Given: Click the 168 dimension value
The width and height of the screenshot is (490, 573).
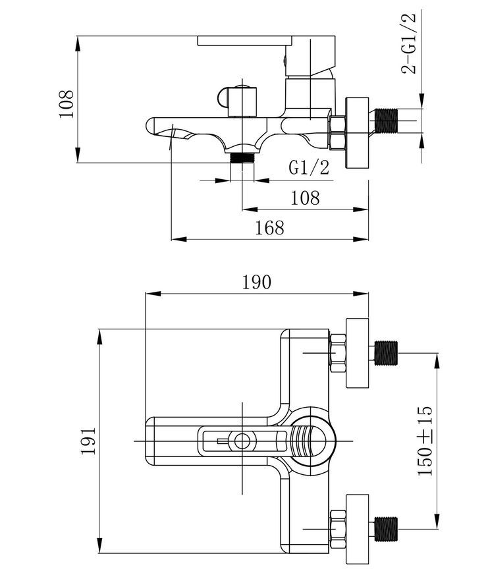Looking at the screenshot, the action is pyautogui.click(x=269, y=227).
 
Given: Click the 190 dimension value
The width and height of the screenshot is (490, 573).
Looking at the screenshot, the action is pyautogui.click(x=257, y=282).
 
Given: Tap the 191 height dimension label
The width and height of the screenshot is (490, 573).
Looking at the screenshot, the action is pyautogui.click(x=88, y=441).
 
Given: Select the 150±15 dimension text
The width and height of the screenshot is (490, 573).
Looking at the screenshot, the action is pyautogui.click(x=425, y=441).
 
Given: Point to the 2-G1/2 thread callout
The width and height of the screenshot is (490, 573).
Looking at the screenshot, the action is pyautogui.click(x=408, y=43).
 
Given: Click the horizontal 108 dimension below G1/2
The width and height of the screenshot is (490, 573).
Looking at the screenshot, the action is pyautogui.click(x=305, y=198).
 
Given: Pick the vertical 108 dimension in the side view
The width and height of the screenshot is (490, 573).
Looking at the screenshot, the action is pyautogui.click(x=66, y=104).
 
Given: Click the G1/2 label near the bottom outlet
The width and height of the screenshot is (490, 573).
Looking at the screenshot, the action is pyautogui.click(x=309, y=167).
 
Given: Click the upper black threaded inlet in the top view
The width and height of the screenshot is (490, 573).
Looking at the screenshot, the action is pyautogui.click(x=386, y=353).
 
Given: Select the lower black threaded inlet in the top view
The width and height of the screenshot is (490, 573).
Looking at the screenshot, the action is pyautogui.click(x=386, y=529).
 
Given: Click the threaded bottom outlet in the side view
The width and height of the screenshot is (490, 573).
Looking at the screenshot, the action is pyautogui.click(x=242, y=157).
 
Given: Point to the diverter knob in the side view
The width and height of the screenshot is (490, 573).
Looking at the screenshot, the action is pyautogui.click(x=238, y=101).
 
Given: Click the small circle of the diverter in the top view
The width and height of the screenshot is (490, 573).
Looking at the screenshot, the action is pyautogui.click(x=242, y=441).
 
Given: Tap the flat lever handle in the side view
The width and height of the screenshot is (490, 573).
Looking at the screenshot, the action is pyautogui.click(x=266, y=41).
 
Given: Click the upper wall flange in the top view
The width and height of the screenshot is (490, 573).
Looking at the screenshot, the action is pyautogui.click(x=358, y=353).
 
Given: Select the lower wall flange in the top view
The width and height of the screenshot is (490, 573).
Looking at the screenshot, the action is pyautogui.click(x=358, y=529).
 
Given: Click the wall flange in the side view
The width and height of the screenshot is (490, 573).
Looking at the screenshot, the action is pyautogui.click(x=357, y=133).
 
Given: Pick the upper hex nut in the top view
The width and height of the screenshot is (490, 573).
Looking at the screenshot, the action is pyautogui.click(x=338, y=353).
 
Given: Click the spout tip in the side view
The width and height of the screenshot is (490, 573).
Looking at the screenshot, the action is pyautogui.click(x=151, y=125).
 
